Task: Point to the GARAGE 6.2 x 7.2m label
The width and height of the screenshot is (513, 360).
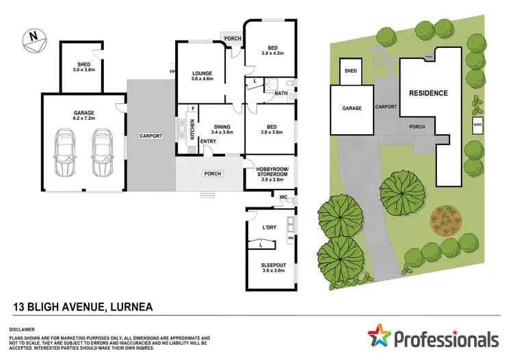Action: click(83, 115)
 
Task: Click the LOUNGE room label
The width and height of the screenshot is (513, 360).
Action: click(202, 76)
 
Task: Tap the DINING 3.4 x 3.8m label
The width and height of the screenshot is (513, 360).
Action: click(222, 129)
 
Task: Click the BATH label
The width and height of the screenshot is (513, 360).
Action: click(280, 93)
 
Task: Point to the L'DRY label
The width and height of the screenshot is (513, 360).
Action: click(269, 227)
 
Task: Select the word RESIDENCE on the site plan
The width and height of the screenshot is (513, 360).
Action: click(428, 93)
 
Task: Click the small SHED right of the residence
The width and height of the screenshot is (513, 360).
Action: click(477, 125)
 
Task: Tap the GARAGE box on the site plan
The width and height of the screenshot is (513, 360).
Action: click(352, 108)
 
